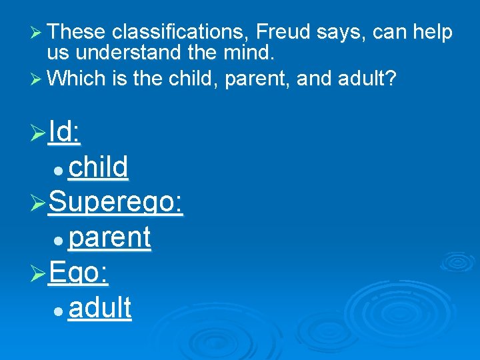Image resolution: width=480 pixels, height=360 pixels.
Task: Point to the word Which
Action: [77, 79]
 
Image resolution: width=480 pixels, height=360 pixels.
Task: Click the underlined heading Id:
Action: [65, 133]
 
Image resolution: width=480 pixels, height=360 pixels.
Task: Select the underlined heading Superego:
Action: [116, 202]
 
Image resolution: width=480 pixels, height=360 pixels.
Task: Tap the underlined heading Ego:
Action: [79, 273]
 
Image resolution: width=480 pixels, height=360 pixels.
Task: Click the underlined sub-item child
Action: [98, 168]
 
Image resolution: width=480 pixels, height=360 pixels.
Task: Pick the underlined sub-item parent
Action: [110, 237]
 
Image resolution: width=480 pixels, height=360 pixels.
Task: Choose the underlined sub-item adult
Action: [100, 308]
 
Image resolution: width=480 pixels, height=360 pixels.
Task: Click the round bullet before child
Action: [59, 171]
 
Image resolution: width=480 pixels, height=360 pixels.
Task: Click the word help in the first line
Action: [432, 31]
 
